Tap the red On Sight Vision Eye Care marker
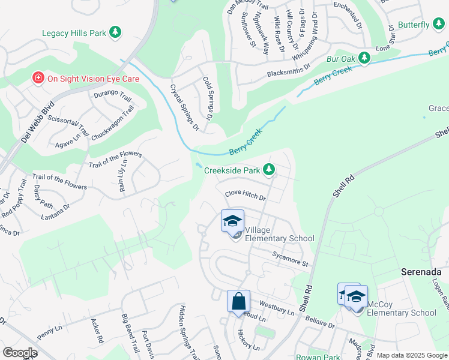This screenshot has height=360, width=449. click(38, 78)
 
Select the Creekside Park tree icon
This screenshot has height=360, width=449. click(270, 170)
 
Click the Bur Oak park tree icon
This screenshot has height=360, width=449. click(364, 58)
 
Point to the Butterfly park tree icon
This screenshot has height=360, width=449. click(439, 25)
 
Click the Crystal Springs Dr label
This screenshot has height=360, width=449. click(184, 106)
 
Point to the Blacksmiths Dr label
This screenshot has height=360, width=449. click(288, 73)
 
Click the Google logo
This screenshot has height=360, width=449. click(20, 353)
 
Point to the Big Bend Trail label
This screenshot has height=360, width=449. click(129, 334)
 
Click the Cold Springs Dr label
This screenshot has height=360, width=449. click(208, 98)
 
